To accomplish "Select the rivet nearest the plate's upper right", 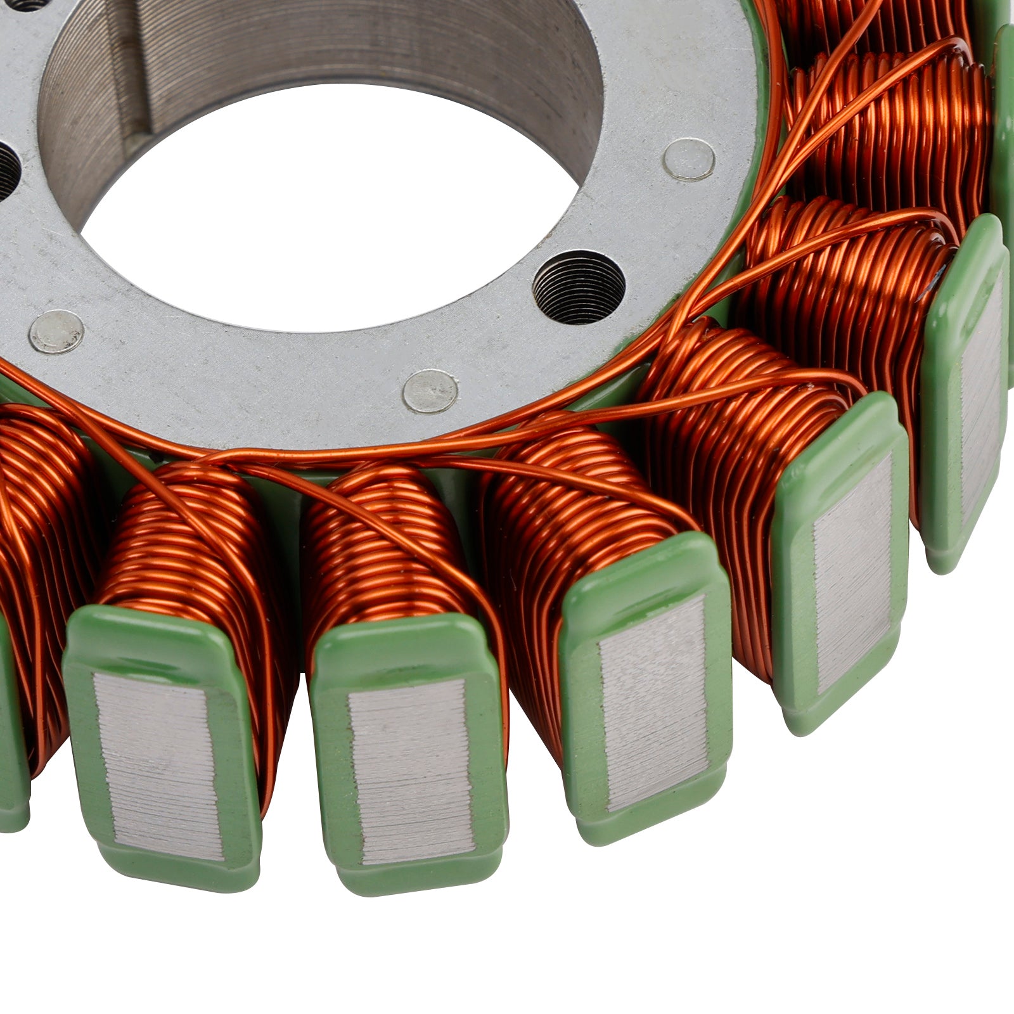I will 690,158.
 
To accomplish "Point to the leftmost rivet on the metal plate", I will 57,331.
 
